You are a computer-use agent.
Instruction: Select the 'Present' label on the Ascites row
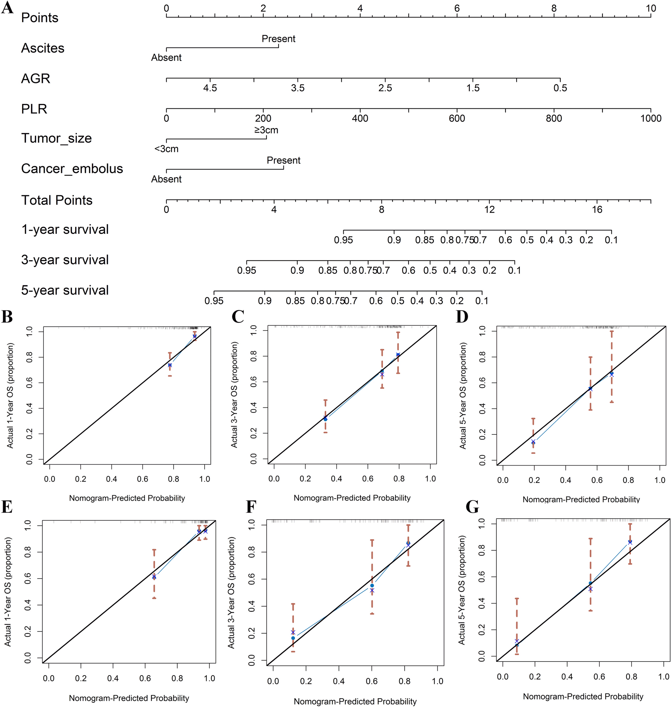pyautogui.click(x=278, y=39)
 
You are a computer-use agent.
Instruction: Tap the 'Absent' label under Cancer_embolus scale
pyautogui.click(x=166, y=179)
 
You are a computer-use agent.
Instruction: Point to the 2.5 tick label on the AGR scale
pyautogui.click(x=385, y=88)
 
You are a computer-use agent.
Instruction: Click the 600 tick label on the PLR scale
pyautogui.click(x=457, y=118)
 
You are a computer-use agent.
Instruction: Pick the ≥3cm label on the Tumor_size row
pyautogui.click(x=266, y=130)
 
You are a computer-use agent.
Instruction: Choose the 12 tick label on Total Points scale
pyautogui.click(x=489, y=209)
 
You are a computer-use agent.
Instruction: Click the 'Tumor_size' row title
pyautogui.click(x=57, y=138)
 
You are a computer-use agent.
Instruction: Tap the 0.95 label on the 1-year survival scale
pyautogui.click(x=343, y=240)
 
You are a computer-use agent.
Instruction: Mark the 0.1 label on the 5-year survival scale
pyautogui.click(x=482, y=301)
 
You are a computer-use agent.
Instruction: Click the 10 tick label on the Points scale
pyautogui.click(x=651, y=8)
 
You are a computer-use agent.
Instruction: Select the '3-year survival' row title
pyautogui.click(x=65, y=260)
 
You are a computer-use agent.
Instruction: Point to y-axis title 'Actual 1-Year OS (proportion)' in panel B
pyautogui.click(x=10, y=395)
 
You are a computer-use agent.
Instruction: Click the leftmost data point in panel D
pyautogui.click(x=533, y=442)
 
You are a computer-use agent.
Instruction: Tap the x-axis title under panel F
pyautogui.click(x=355, y=701)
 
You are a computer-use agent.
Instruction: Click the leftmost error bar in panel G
pyautogui.click(x=517, y=626)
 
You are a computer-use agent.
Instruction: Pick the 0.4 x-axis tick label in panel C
pyautogui.click(x=336, y=479)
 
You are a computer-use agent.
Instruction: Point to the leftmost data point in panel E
pyautogui.click(x=154, y=577)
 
